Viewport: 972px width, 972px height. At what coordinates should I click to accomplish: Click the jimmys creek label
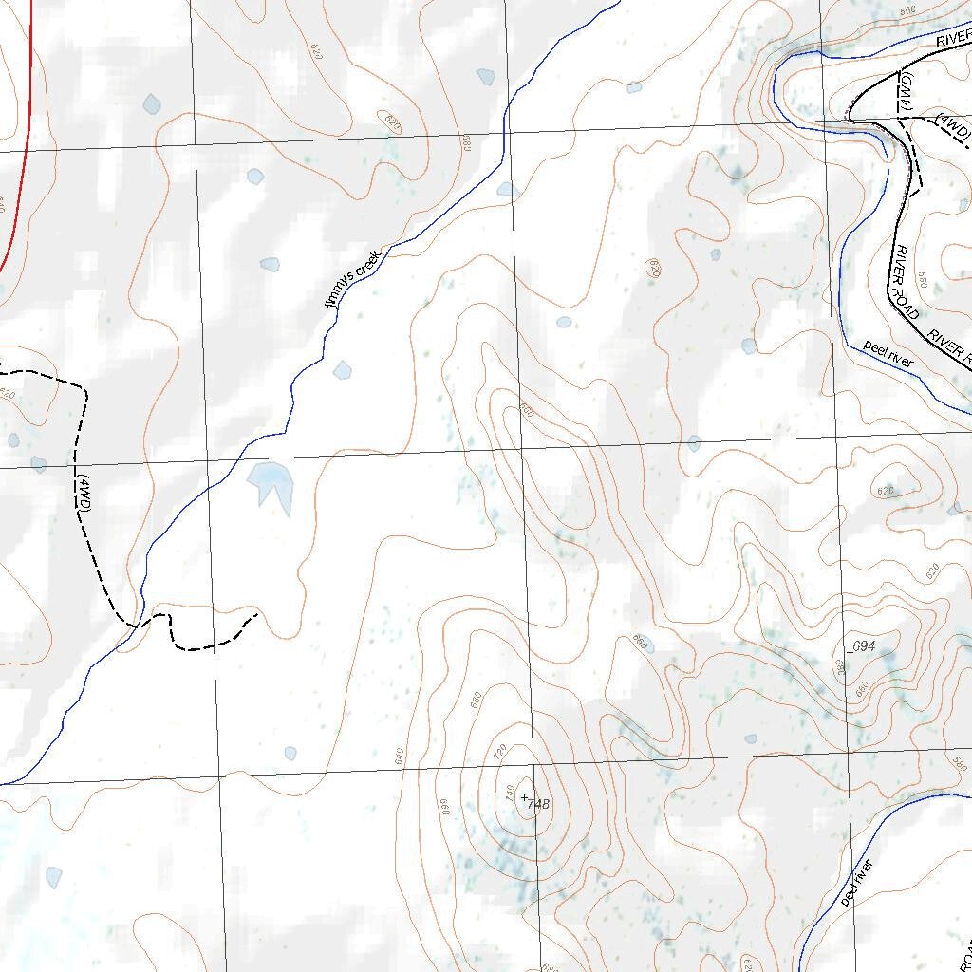coord(351,277)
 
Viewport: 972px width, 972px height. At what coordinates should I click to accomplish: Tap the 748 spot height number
coord(538,805)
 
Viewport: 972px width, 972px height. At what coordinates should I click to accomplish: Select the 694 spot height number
coord(863,646)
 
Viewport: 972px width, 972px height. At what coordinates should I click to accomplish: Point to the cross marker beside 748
coord(524,796)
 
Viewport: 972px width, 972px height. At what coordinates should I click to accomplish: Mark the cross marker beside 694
coord(850,651)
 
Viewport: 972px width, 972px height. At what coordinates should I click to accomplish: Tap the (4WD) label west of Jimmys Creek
coord(84,495)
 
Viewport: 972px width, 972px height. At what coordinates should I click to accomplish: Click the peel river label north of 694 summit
coord(888,353)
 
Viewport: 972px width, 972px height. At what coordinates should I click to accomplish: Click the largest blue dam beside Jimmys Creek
coord(271,483)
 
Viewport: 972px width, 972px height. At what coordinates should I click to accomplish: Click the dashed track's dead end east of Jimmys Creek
coord(257,614)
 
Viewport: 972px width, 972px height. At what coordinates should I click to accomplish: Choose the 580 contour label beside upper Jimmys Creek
coord(467,144)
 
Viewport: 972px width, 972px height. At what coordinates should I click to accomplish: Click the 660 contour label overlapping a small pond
coord(642,644)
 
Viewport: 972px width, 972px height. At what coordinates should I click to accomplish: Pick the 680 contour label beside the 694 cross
coord(840,667)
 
